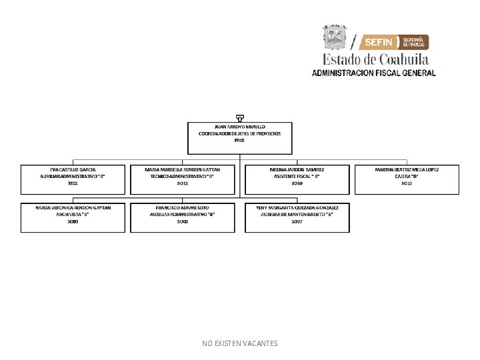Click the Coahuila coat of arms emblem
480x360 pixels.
335,37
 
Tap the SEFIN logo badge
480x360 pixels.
394,42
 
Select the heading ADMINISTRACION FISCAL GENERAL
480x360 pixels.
373,73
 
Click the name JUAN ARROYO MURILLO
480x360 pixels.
240,126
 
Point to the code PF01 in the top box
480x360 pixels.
240,141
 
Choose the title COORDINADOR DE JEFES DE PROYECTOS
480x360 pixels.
240,133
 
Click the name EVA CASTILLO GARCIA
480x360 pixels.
73,169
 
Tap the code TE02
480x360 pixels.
73,183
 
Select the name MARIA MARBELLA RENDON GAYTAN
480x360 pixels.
182,169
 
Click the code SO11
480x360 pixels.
182,183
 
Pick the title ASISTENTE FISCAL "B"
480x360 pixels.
297,176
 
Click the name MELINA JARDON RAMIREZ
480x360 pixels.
297,169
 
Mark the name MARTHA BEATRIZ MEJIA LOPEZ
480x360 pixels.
407,169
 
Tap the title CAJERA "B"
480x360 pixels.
407,176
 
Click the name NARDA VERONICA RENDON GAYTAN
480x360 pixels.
73,207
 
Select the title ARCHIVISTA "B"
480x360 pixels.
73,214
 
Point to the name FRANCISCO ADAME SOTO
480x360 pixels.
182,207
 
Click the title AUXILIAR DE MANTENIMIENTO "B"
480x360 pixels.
297,214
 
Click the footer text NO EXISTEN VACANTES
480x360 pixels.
240,343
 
